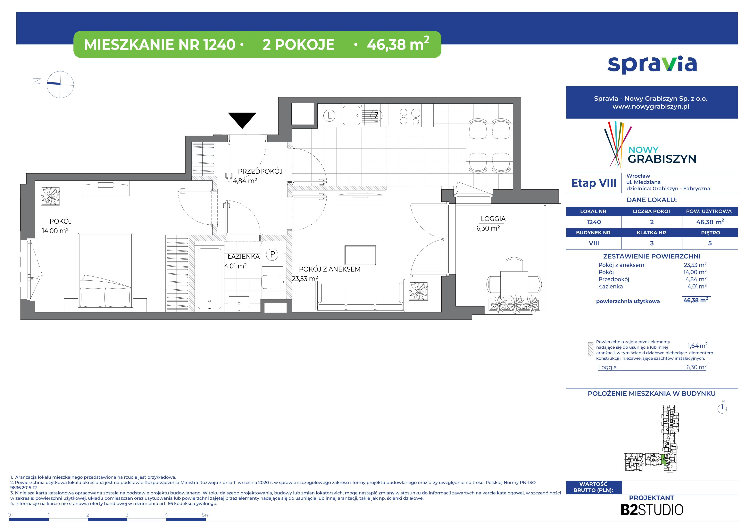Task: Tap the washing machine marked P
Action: tap(272, 254)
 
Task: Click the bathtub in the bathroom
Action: tap(209, 278)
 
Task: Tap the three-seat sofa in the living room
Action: tap(361, 295)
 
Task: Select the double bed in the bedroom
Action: tap(105, 271)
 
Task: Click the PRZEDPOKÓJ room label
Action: tap(260, 171)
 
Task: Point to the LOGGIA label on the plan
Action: tap(493, 219)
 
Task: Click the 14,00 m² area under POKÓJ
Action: tap(55, 231)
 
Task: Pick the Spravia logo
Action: tap(652, 65)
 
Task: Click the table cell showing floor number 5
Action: tap(710, 243)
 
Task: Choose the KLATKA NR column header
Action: tap(651, 233)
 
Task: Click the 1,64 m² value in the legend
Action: tap(697, 345)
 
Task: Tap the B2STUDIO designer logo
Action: tap(652, 510)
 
